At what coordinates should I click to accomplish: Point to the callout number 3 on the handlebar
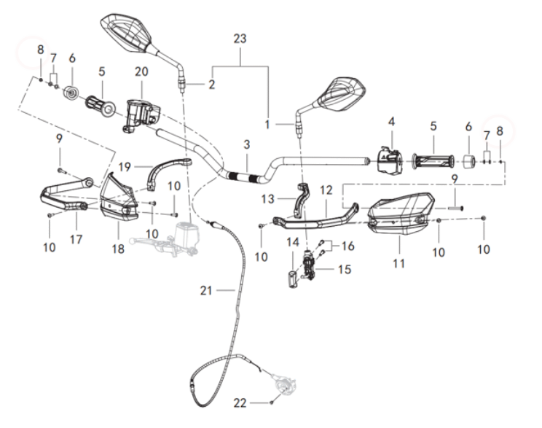[x=247, y=145]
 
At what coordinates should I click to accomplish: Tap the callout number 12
[x=326, y=189]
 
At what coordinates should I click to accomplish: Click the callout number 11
[x=398, y=262]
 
